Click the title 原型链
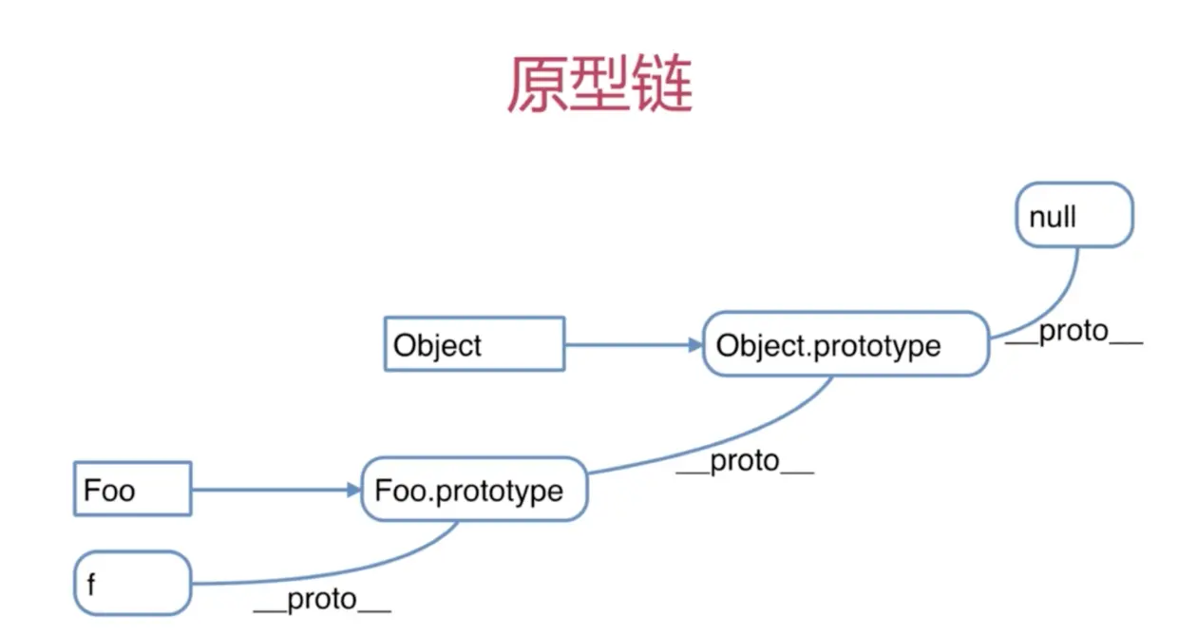tap(599, 85)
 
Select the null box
tap(1074, 216)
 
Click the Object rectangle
tap(474, 344)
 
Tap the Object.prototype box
tap(845, 344)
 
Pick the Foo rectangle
tap(132, 490)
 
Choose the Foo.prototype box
tap(473, 490)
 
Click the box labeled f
tap(132, 583)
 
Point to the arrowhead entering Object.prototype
tap(695, 344)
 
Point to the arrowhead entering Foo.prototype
tap(354, 490)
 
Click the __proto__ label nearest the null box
tap(1073, 333)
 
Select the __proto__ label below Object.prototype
tap(745, 462)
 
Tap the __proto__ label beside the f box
tap(322, 600)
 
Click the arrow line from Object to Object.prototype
tap(627, 344)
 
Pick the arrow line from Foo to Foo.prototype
tap(271, 490)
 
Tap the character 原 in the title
tap(537, 85)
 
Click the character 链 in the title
tap(662, 85)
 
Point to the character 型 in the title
tap(599, 85)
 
